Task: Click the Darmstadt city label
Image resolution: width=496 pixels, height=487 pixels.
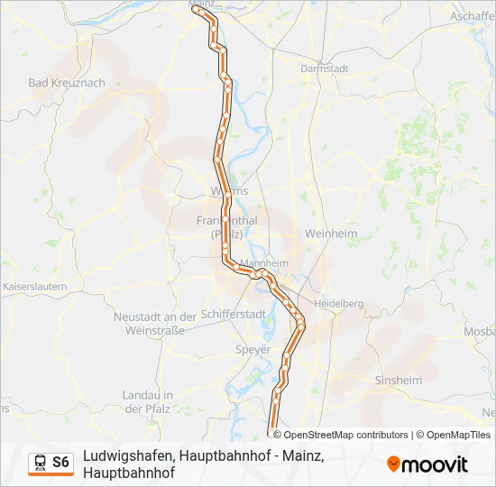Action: (324, 69)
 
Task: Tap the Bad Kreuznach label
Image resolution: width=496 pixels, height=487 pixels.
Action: (67, 83)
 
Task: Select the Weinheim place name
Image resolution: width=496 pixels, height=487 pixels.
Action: (332, 234)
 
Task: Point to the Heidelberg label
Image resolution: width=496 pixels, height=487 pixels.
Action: (338, 305)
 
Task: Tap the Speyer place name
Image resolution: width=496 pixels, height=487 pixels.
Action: (252, 349)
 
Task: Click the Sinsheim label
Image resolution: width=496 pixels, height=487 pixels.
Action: (398, 381)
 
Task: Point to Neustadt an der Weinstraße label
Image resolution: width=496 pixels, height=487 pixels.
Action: (154, 324)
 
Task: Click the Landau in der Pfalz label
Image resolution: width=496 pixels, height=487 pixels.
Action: (147, 402)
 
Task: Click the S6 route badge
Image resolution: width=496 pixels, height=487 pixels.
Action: (60, 463)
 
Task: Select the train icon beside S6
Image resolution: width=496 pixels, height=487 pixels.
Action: (41, 463)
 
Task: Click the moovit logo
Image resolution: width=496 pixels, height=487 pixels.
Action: (427, 464)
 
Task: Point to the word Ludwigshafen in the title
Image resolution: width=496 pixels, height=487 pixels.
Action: (129, 456)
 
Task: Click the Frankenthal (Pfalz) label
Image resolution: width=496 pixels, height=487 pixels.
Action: (226, 227)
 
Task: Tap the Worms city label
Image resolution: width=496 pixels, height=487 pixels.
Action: (227, 191)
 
